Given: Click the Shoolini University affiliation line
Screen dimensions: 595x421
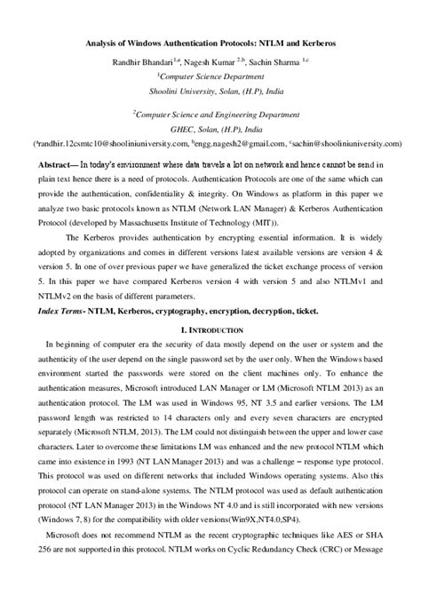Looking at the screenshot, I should [x=210, y=90].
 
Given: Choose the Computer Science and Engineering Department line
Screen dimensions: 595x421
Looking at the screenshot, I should [x=210, y=114].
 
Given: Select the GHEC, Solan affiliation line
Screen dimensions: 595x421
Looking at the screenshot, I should [x=210, y=128].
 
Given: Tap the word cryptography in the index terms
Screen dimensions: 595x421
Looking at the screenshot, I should [x=173, y=313].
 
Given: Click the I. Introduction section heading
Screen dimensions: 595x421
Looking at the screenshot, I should [x=210, y=332].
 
